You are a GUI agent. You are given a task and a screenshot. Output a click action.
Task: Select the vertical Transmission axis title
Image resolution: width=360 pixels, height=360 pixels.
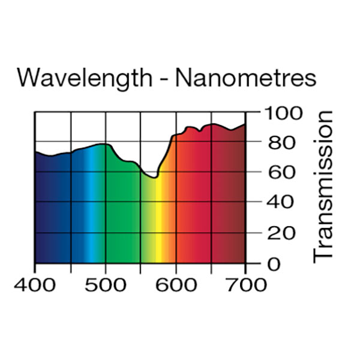click(324, 185)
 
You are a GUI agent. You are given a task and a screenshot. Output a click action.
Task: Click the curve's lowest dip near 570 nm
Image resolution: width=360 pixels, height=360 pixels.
click(154, 178)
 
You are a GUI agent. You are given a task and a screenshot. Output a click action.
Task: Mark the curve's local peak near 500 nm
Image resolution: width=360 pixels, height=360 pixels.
click(104, 144)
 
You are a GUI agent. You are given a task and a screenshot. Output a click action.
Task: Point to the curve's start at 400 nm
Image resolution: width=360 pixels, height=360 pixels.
click(35, 152)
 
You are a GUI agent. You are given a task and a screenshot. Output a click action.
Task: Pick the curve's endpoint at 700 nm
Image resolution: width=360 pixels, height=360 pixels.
click(245, 124)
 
